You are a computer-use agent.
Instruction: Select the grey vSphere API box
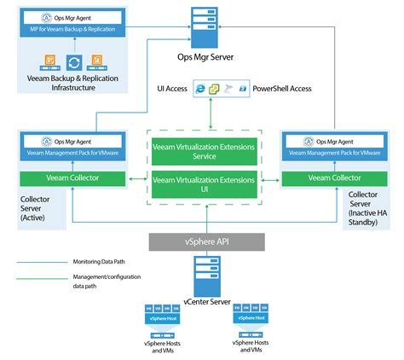tap(201, 241)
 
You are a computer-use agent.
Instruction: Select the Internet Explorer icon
tap(200, 89)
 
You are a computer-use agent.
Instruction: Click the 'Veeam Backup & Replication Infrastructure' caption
tap(73, 85)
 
